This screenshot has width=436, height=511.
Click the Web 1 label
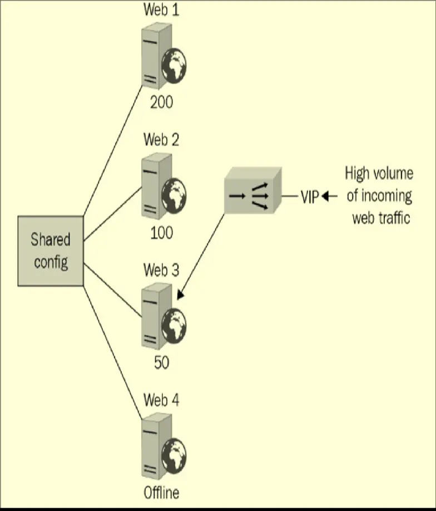tap(161, 9)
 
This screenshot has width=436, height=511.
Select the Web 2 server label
tap(161, 139)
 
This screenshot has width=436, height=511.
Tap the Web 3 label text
tap(161, 271)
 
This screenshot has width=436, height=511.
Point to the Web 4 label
tap(161, 400)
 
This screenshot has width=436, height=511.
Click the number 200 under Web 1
tap(161, 102)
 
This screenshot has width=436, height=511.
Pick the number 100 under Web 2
tap(161, 233)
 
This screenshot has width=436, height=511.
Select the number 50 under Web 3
tap(161, 362)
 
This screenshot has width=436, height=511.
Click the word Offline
tap(161, 493)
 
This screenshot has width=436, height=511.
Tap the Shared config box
tap(51, 251)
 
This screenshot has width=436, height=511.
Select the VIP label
tap(310, 196)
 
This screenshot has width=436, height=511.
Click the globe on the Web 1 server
tap(174, 66)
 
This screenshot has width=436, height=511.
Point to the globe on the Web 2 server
tap(174, 196)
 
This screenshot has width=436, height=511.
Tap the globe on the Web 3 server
tap(174, 326)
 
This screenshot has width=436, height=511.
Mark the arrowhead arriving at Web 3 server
tap(179, 296)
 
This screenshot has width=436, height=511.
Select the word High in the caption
tap(357, 173)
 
